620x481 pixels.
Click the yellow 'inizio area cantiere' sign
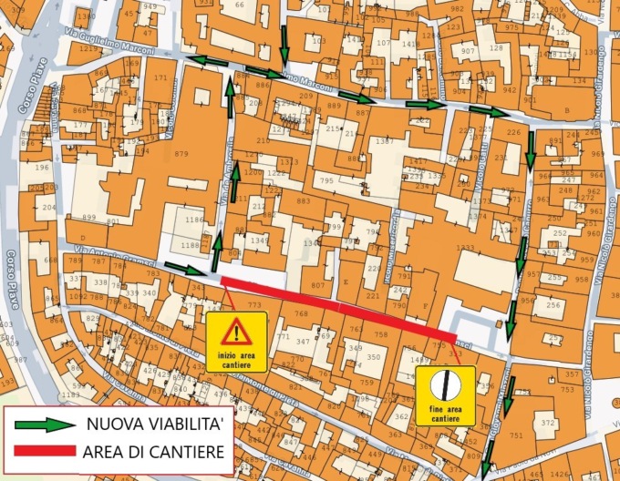click(x=236, y=341)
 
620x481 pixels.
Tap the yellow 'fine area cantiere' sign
click(x=446, y=395)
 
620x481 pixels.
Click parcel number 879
click(x=181, y=154)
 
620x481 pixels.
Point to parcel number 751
click(x=516, y=435)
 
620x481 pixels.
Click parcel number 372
click(x=548, y=424)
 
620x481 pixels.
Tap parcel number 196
click(x=41, y=167)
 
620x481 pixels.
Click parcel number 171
click(x=160, y=78)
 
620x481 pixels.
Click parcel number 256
click(x=553, y=305)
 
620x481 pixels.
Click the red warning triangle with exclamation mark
click(x=235, y=330)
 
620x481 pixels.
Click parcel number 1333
click(x=465, y=248)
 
